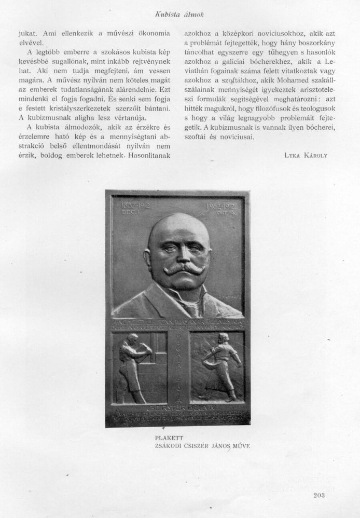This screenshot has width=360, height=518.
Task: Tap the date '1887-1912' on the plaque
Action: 128,204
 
